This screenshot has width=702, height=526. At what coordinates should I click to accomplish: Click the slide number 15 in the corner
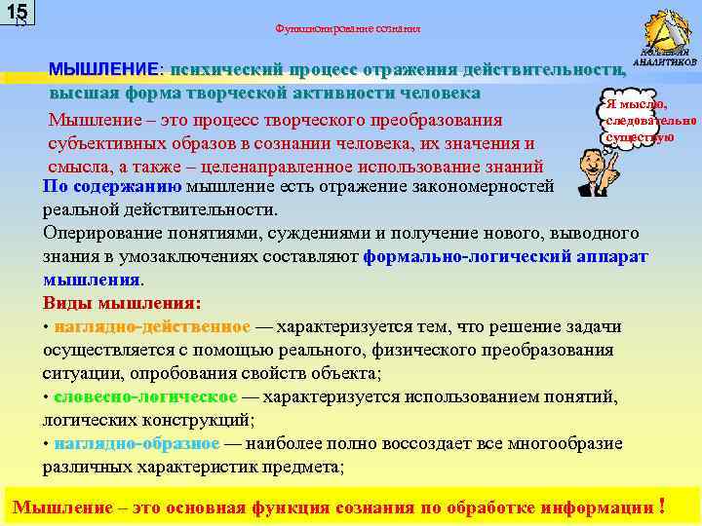[x=16, y=13]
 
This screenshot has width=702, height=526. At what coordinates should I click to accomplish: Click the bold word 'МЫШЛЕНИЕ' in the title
[x=105, y=71]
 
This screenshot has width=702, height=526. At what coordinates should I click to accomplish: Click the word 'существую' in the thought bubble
[x=639, y=138]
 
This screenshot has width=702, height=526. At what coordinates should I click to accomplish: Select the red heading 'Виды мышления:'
[x=122, y=302]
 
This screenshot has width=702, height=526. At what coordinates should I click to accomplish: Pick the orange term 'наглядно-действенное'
[x=152, y=326]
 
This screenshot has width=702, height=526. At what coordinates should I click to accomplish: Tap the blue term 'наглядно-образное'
[x=136, y=443]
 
